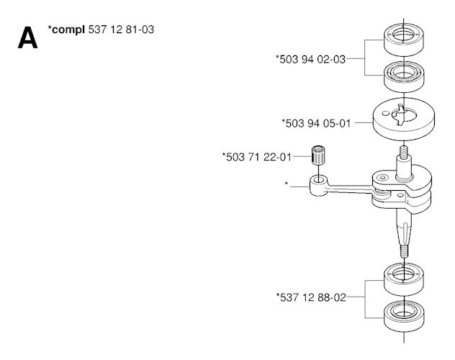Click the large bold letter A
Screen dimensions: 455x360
[x=28, y=37]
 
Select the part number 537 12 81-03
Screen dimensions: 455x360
[x=121, y=30]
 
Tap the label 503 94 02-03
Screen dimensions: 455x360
[x=310, y=59]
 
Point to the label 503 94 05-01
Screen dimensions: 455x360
[x=316, y=123]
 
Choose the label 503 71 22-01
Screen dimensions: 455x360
[x=256, y=157]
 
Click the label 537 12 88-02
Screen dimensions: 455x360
[x=311, y=297]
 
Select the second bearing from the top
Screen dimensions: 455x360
[x=404, y=76]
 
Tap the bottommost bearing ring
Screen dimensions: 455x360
[x=404, y=316]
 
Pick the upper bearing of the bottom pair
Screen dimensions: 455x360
[x=404, y=279]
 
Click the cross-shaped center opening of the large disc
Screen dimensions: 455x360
[x=403, y=115]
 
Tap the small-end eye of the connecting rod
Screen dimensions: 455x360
[x=318, y=186]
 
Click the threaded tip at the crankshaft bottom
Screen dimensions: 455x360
[x=404, y=251]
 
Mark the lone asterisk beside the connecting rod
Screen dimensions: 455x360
[x=287, y=184]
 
